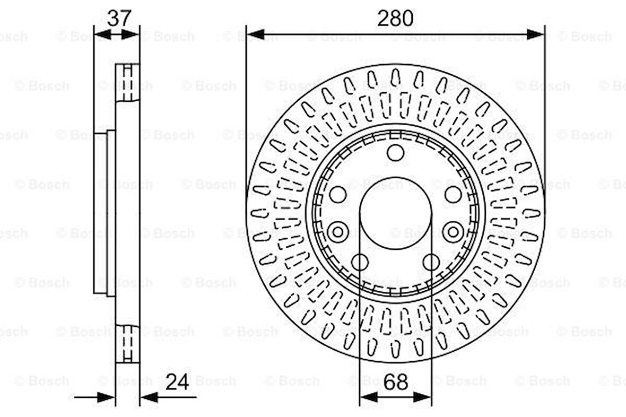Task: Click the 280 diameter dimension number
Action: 395,19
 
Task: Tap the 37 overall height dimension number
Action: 119,18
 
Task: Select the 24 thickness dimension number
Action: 177,382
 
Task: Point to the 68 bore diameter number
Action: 396,382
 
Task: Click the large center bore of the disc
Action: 396,213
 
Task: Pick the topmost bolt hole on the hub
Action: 396,152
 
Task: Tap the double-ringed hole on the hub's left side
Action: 338,232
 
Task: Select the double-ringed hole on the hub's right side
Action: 453,232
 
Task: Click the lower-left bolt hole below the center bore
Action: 360,263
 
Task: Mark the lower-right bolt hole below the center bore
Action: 431,263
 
